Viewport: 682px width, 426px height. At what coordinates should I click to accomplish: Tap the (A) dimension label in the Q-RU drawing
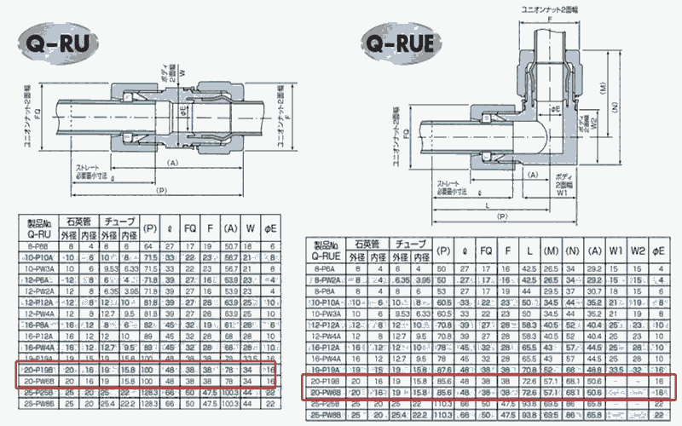(173, 161)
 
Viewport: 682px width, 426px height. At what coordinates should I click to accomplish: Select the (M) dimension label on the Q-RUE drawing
(603, 87)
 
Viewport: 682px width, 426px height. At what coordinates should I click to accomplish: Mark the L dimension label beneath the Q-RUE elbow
(486, 205)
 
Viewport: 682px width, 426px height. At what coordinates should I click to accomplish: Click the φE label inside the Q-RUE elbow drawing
(555, 110)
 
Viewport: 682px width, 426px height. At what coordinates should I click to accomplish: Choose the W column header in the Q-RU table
(250, 228)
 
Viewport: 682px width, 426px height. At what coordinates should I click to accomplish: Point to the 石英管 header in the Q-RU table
(75, 221)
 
